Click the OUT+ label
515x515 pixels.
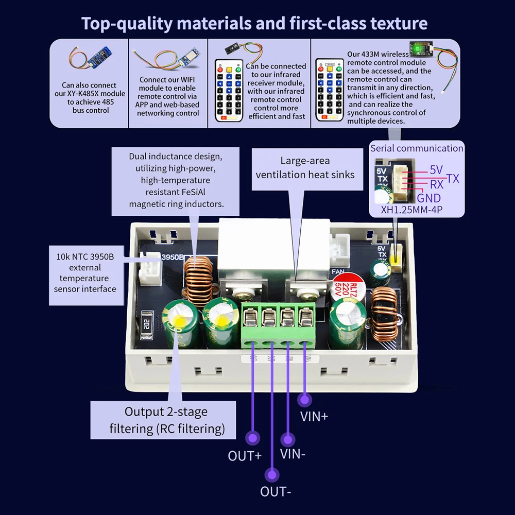click(245, 456)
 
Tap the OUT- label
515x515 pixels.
click(276, 492)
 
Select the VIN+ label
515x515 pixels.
click(314, 416)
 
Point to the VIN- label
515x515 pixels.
click(293, 454)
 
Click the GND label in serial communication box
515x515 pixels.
click(429, 198)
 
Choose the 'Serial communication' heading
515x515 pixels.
click(417, 148)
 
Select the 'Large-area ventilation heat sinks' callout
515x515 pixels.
click(305, 168)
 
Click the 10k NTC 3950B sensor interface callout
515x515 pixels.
click(85, 272)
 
